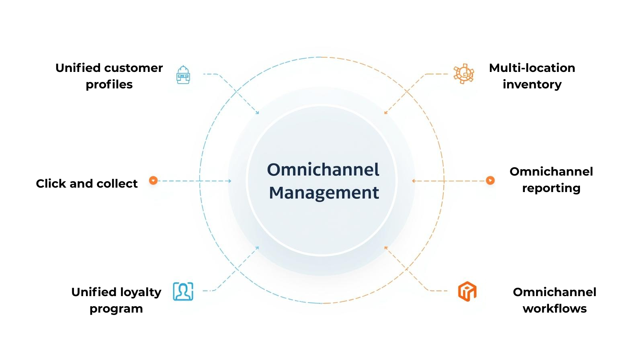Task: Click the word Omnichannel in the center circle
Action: [x=323, y=170]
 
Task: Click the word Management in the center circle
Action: [x=324, y=193]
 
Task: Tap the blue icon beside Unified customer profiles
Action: [x=183, y=75]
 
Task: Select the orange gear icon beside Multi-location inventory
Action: [x=464, y=74]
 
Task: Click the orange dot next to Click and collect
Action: [x=153, y=180]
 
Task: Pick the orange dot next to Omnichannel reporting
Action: [x=490, y=180]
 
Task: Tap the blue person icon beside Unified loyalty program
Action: [x=183, y=291]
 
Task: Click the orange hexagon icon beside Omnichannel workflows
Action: [x=467, y=291]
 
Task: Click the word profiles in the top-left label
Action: [x=109, y=85]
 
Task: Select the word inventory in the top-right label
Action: [x=532, y=85]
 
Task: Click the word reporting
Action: [x=551, y=188]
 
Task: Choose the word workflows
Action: [x=555, y=309]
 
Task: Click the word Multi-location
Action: [x=532, y=68]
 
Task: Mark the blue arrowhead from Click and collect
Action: [x=230, y=181]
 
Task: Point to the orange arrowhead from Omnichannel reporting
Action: [x=414, y=181]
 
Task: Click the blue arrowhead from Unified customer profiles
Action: [x=258, y=113]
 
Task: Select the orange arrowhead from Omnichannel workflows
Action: [x=385, y=248]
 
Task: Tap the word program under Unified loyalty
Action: [x=116, y=309]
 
